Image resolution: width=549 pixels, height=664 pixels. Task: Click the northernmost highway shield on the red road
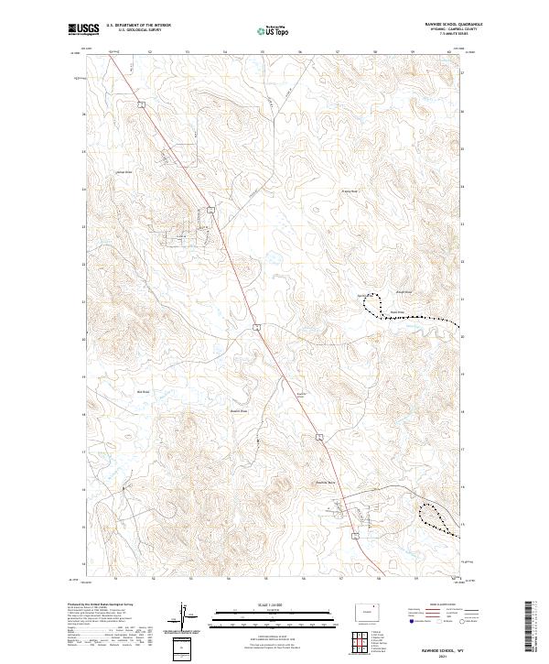point(143,105)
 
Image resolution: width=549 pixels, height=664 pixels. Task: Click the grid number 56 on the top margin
point(301,52)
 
